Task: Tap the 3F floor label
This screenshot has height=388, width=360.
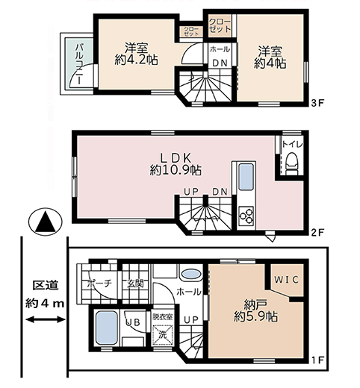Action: click(x=317, y=101)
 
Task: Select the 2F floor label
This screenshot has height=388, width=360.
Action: click(x=317, y=231)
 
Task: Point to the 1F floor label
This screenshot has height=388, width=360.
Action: click(x=317, y=360)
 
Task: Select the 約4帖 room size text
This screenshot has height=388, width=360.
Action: click(x=271, y=63)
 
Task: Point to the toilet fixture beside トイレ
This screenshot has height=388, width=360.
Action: click(x=292, y=163)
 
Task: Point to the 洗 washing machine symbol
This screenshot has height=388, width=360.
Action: click(x=162, y=335)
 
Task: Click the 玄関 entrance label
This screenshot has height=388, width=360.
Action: click(x=135, y=284)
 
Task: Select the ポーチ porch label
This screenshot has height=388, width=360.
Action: click(x=98, y=284)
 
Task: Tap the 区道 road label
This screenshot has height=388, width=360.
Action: click(x=44, y=284)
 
